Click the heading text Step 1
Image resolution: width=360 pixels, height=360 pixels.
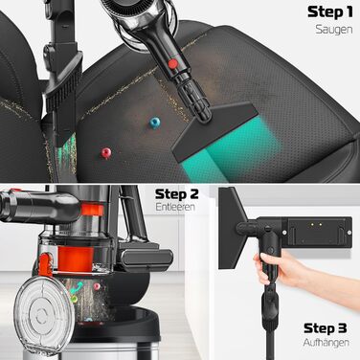point(330,12)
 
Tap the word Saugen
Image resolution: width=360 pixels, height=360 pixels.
point(334,30)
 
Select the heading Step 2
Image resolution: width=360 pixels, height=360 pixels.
point(176,194)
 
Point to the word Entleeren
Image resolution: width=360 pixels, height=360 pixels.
point(175,207)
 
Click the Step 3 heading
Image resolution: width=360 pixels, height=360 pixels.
point(326,328)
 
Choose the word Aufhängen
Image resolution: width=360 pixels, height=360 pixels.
point(326,343)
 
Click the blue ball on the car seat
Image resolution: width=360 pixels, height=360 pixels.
point(155,123)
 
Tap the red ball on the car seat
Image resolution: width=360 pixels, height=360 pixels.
point(106,152)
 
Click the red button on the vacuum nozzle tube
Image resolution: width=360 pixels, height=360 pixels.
point(172,64)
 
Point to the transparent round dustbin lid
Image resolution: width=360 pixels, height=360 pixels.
point(44,315)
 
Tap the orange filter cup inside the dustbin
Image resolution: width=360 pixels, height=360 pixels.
point(76,259)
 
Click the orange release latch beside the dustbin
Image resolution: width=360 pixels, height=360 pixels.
point(46,264)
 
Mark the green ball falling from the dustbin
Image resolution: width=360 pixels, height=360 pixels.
point(74,300)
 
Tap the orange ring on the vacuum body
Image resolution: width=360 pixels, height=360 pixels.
point(92,210)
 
